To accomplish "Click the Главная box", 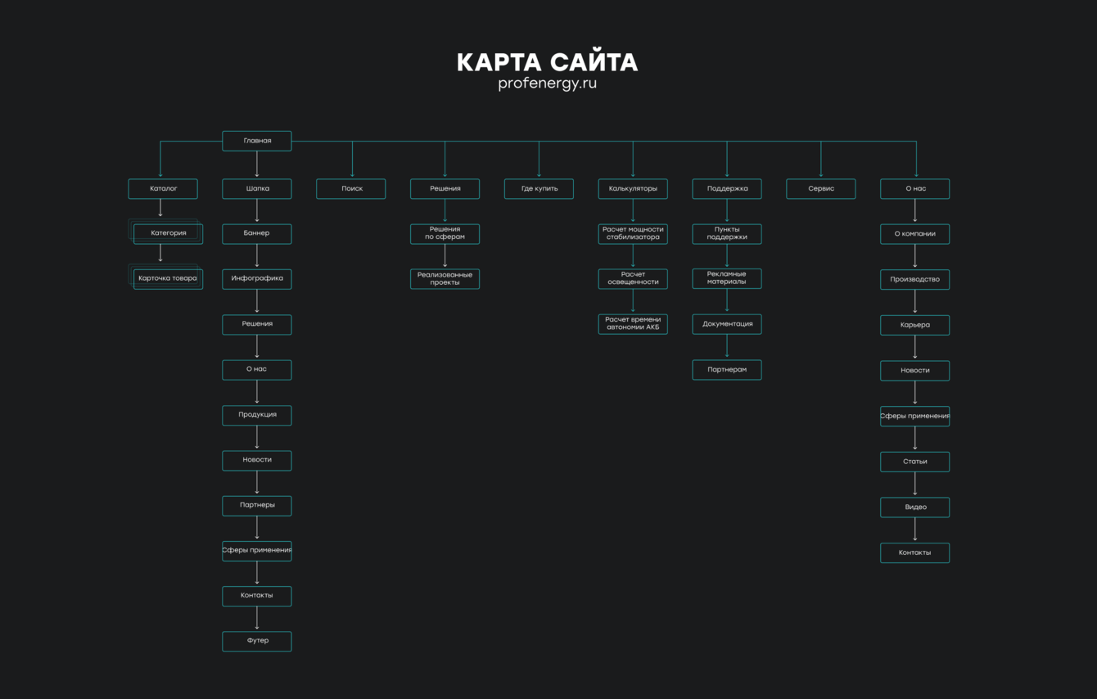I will click(x=256, y=141).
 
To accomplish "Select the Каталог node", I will click(x=162, y=189).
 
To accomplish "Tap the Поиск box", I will click(x=351, y=189).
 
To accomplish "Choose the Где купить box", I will click(x=539, y=189).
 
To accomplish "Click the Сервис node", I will click(x=821, y=189).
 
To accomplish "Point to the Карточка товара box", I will click(x=168, y=278).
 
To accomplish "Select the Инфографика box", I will click(x=256, y=279).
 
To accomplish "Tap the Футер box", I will click(x=256, y=641).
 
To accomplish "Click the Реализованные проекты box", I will click(x=445, y=279).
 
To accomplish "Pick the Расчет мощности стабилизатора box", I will click(x=633, y=234).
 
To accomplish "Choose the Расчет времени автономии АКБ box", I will click(x=633, y=324).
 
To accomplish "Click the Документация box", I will click(x=727, y=324).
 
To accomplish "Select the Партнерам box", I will click(x=727, y=370).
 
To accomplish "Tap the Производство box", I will click(x=914, y=280).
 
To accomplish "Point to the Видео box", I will click(x=914, y=507).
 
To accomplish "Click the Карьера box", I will click(x=914, y=325).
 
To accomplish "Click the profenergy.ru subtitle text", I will click(x=547, y=83).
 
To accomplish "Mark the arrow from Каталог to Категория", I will click(x=160, y=210).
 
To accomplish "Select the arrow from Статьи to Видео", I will click(x=915, y=485).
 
